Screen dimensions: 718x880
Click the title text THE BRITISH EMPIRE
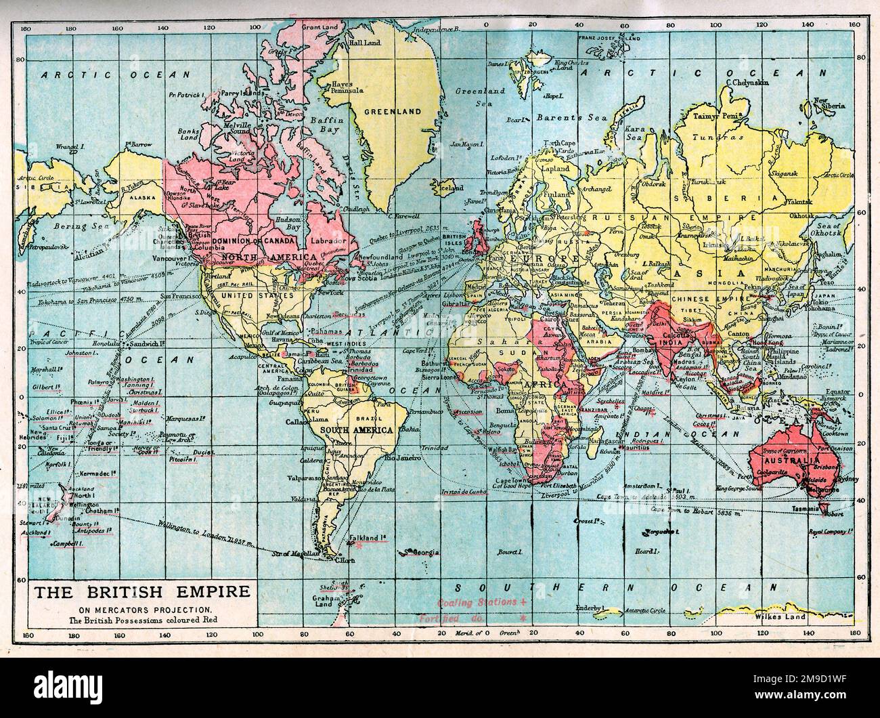tap(141, 593)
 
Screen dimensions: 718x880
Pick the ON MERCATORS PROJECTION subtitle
tap(141, 609)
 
